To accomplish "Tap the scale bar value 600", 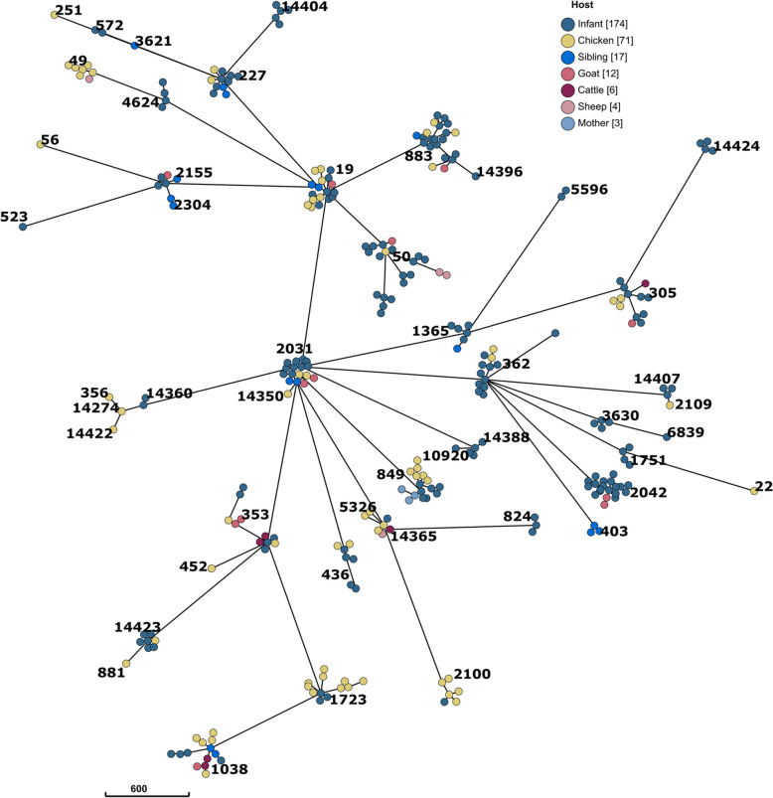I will pyautogui.click(x=146, y=788).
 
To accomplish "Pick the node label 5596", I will pyautogui.click(x=587, y=190).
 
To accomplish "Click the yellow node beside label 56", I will pyautogui.click(x=41, y=145).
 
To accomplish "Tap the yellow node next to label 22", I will pyautogui.click(x=754, y=491).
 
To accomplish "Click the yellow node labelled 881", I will pyautogui.click(x=126, y=663).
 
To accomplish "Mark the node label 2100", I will pyautogui.click(x=472, y=674).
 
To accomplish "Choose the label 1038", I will pyautogui.click(x=229, y=768).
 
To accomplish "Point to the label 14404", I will pyautogui.click(x=305, y=7).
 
